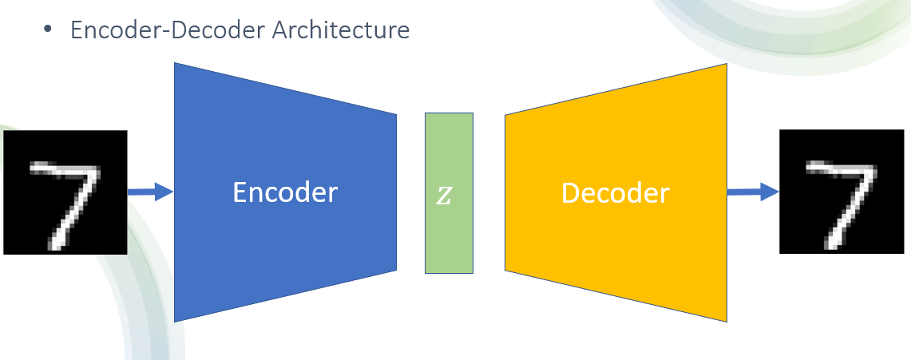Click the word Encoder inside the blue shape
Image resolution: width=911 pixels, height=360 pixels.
pos(285,192)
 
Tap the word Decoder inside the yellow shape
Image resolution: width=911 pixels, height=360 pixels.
pos(615,192)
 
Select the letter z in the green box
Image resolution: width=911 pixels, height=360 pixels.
pos(444,196)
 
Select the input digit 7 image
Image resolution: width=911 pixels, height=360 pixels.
pos(65,192)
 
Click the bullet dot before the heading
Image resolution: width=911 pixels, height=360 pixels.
pos(48,30)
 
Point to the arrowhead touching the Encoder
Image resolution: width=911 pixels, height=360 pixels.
pos(165,192)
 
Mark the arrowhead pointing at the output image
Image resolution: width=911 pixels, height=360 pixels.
pos(770,192)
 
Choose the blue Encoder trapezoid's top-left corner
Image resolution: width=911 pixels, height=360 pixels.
pos(176,64)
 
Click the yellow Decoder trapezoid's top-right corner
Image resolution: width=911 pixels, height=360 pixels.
pos(725,65)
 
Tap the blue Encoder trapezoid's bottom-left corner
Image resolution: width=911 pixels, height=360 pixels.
pos(176,320)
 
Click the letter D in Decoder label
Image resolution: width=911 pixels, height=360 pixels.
pos(570,192)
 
